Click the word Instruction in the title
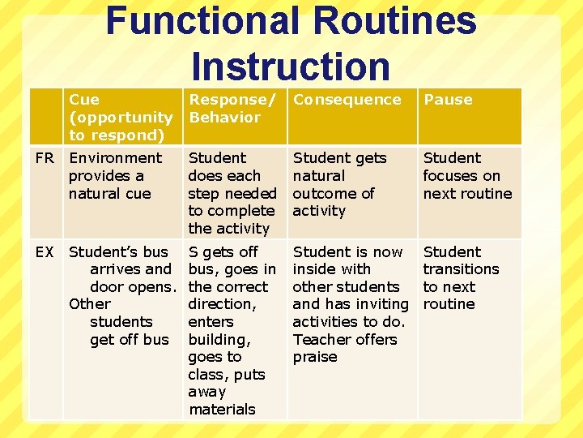click(291, 67)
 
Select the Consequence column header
click(347, 100)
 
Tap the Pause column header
click(448, 100)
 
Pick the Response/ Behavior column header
click(232, 108)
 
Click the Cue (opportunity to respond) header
click(121, 117)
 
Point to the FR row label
click(45, 158)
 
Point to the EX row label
click(45, 252)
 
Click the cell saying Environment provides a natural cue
click(115, 175)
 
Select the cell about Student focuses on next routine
click(467, 175)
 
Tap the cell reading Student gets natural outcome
click(339, 184)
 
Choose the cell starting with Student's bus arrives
click(121, 295)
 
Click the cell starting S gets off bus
click(232, 330)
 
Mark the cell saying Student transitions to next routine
click(461, 277)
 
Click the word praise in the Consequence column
click(315, 357)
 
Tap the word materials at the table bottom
click(222, 410)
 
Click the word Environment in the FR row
click(115, 158)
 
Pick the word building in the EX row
click(219, 339)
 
